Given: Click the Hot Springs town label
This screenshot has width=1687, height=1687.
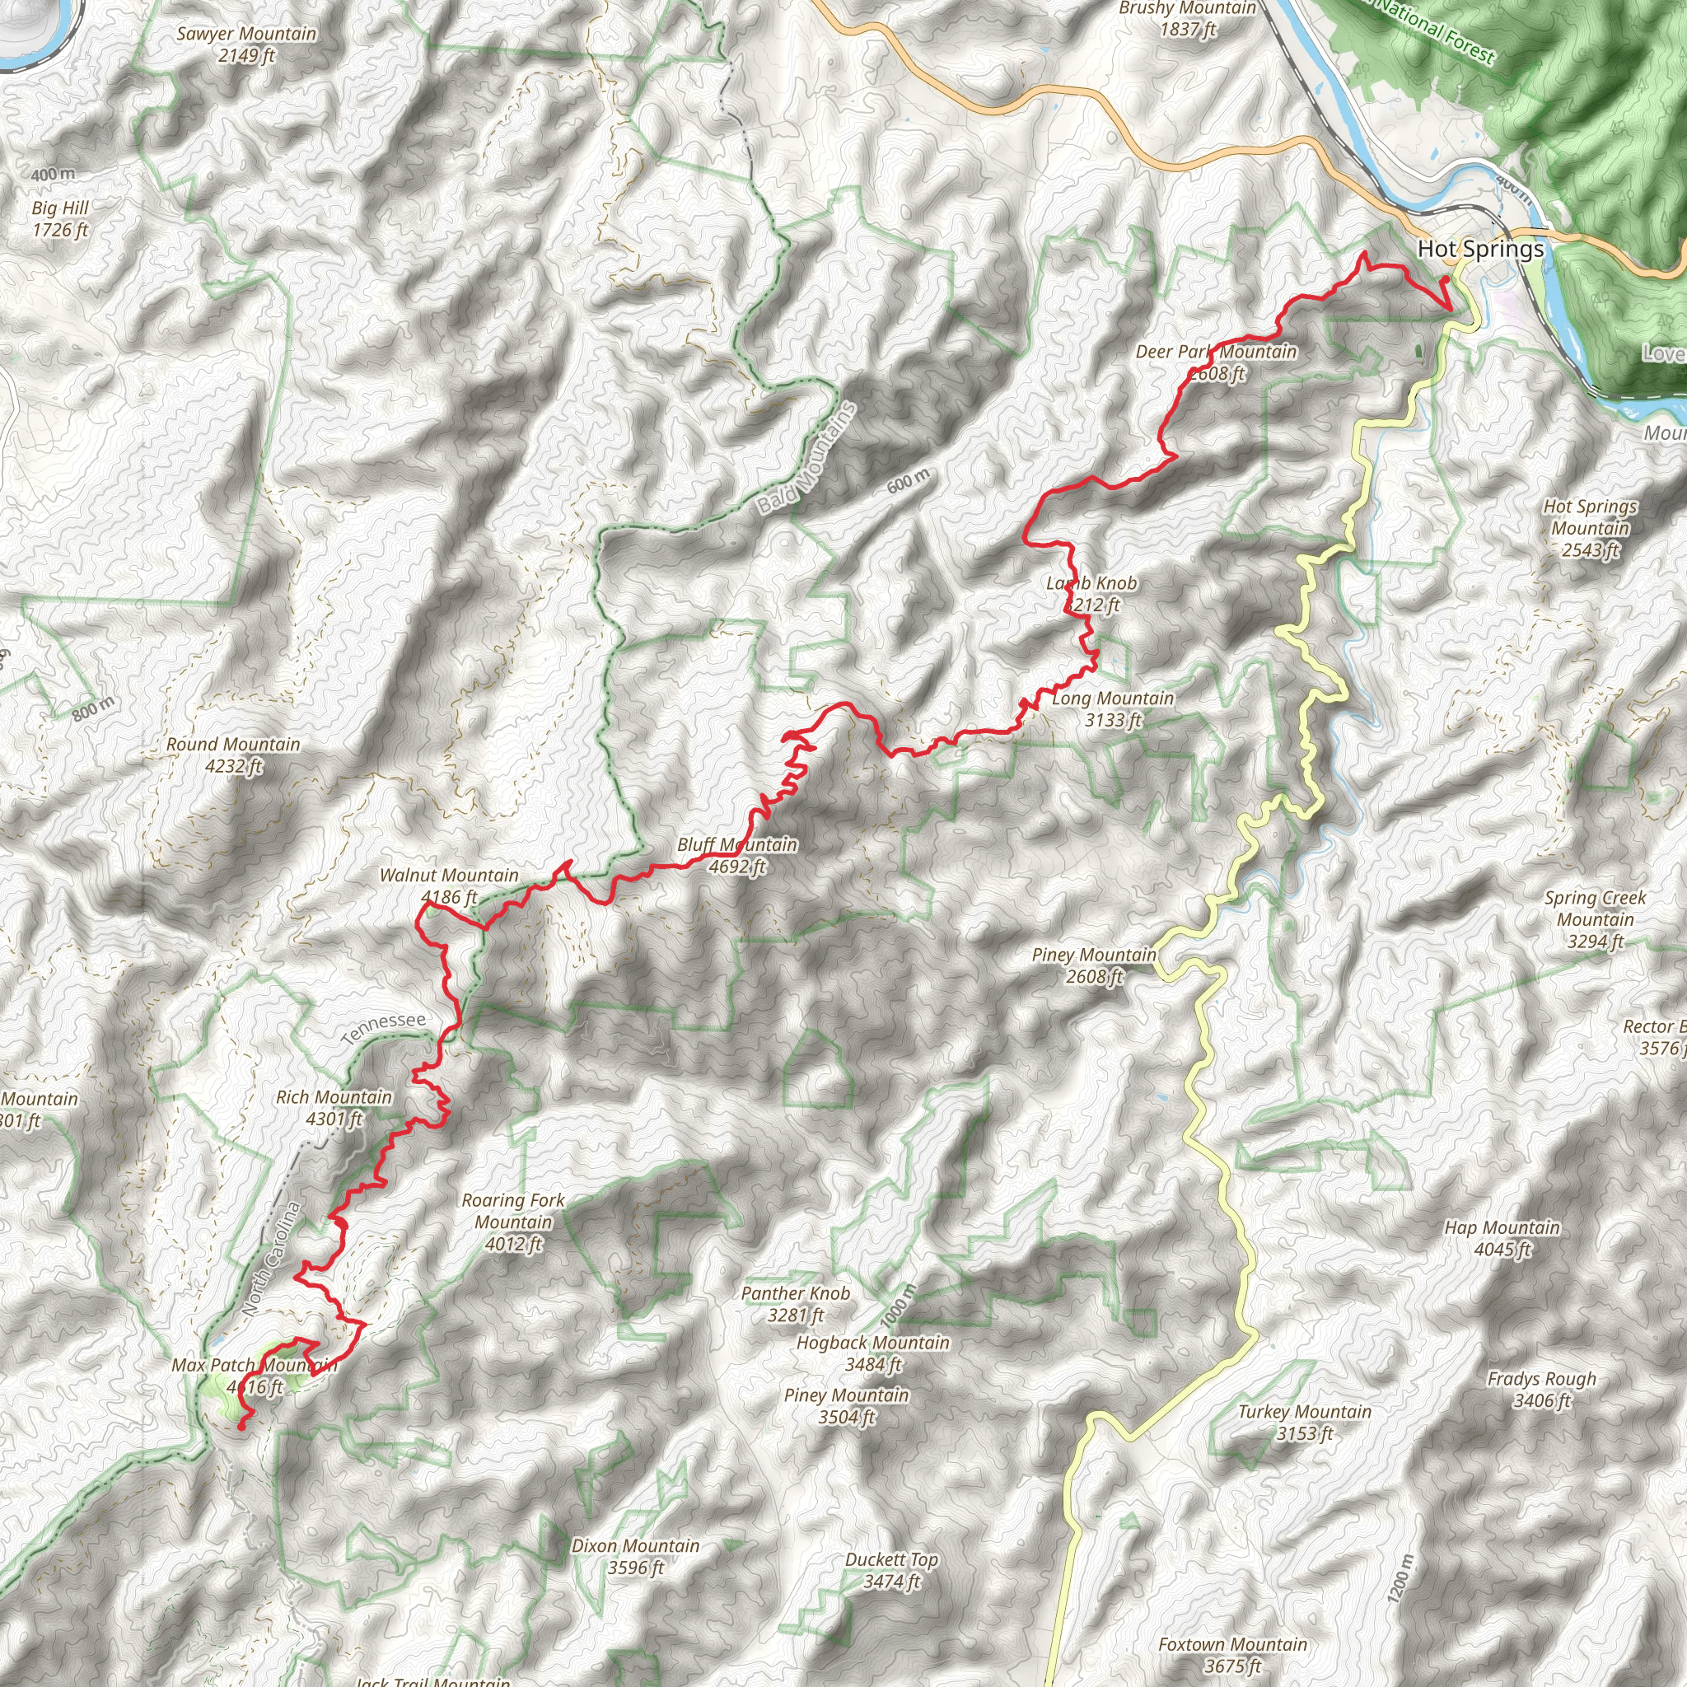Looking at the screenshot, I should pos(1480,250).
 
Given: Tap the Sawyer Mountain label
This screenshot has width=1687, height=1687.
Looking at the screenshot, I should pos(246,44).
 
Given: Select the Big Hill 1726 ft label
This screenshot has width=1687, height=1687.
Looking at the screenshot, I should pos(60,219).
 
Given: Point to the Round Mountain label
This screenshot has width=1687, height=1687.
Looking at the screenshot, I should pos(233,755).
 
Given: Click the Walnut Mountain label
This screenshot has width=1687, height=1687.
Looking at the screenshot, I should pos(449,886).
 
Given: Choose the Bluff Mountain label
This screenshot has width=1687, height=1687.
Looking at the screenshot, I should pos(737,856).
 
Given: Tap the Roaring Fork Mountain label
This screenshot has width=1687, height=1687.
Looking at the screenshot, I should pos(513,1222).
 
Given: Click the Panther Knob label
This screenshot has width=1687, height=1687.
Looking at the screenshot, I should pos(795,1304).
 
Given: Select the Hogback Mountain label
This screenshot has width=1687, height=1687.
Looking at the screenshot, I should pos(872,1353).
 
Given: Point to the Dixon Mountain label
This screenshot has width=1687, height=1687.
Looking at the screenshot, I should pos(636,1556).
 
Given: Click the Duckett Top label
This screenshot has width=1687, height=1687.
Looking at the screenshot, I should pos(891,1570).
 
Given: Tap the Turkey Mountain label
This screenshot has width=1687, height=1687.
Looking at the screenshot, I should pos(1305,1423).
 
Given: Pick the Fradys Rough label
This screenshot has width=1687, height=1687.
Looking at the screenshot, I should pos(1541,1390).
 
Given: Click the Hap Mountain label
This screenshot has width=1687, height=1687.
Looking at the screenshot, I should pos(1502,1238).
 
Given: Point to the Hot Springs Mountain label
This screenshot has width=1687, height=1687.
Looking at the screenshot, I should pos(1590,527).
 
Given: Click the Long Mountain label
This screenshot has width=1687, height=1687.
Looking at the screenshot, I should pos(1112,709).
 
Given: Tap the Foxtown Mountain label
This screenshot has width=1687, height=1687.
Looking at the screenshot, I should pos(1233,1655).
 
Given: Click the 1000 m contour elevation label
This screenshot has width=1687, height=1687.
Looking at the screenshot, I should pos(899,1306).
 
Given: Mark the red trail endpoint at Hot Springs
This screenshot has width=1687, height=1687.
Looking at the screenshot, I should pos(1444,280).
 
